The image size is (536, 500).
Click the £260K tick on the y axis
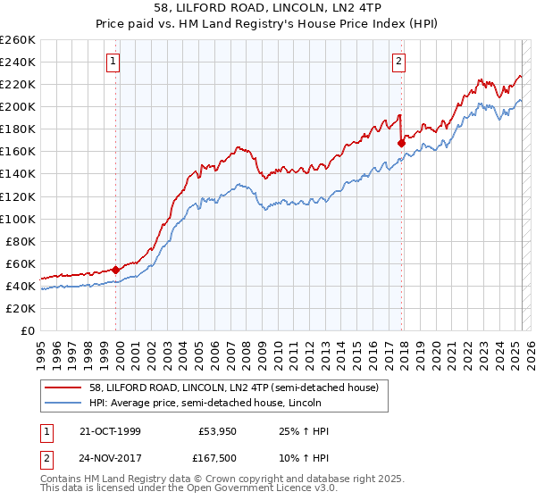(x=18, y=40)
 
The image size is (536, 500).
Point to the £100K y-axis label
(x=18, y=219)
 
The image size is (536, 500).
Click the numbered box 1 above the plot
(x=115, y=62)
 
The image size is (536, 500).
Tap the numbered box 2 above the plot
(x=398, y=62)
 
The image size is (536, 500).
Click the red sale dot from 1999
(x=116, y=270)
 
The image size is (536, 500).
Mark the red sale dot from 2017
(x=401, y=142)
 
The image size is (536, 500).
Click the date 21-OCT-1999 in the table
(x=110, y=431)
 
